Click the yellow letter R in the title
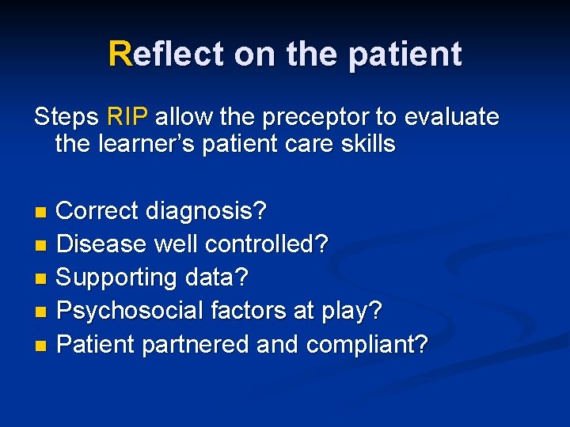click(120, 54)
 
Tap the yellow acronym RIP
click(127, 118)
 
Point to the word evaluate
click(452, 118)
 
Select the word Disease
click(101, 244)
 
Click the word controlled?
click(266, 244)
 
